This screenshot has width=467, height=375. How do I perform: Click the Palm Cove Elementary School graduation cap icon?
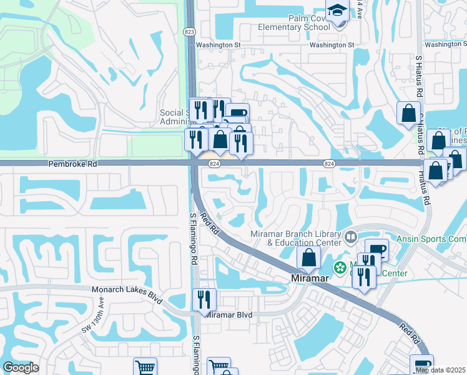(x=338, y=11)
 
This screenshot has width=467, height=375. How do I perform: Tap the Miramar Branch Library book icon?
(x=351, y=237)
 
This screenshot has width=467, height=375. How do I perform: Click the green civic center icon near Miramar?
(x=340, y=268)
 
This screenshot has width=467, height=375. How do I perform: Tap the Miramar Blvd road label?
(x=229, y=315)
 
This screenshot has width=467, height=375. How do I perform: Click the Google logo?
(x=21, y=367)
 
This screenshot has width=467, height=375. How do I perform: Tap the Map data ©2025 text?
(x=440, y=370)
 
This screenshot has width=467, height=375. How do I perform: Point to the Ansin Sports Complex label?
(x=431, y=239)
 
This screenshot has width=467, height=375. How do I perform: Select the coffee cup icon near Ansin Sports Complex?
(x=376, y=249)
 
